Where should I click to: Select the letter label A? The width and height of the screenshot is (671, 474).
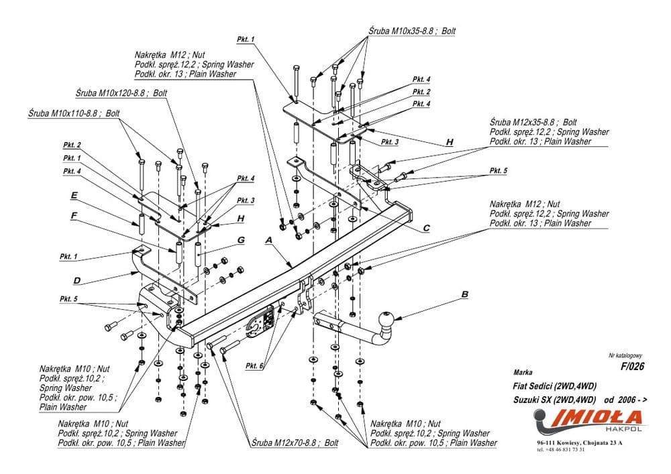pos(268,239)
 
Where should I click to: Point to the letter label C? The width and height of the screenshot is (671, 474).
pos(426,228)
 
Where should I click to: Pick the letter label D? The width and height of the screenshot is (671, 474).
pos(77,279)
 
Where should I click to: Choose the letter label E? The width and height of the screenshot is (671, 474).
pos(74,196)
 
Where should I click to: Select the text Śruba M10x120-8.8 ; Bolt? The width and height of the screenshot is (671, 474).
pos(121,94)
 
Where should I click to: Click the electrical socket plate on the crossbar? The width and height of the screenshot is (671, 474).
pos(260,320)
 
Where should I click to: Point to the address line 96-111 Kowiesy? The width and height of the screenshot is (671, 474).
pos(579,444)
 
